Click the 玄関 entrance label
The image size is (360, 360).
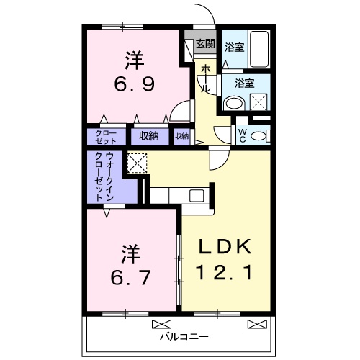tap(205, 44)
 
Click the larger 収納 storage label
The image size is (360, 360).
tap(149, 135)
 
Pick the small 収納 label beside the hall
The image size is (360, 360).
tap(181, 135)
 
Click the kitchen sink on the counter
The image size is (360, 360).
tap(196, 194)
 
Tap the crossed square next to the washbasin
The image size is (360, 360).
tap(258, 102)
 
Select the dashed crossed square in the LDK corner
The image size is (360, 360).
tap(137, 163)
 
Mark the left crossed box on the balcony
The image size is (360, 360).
tap(161, 323)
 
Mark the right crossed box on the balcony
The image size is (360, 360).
tap(255, 323)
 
